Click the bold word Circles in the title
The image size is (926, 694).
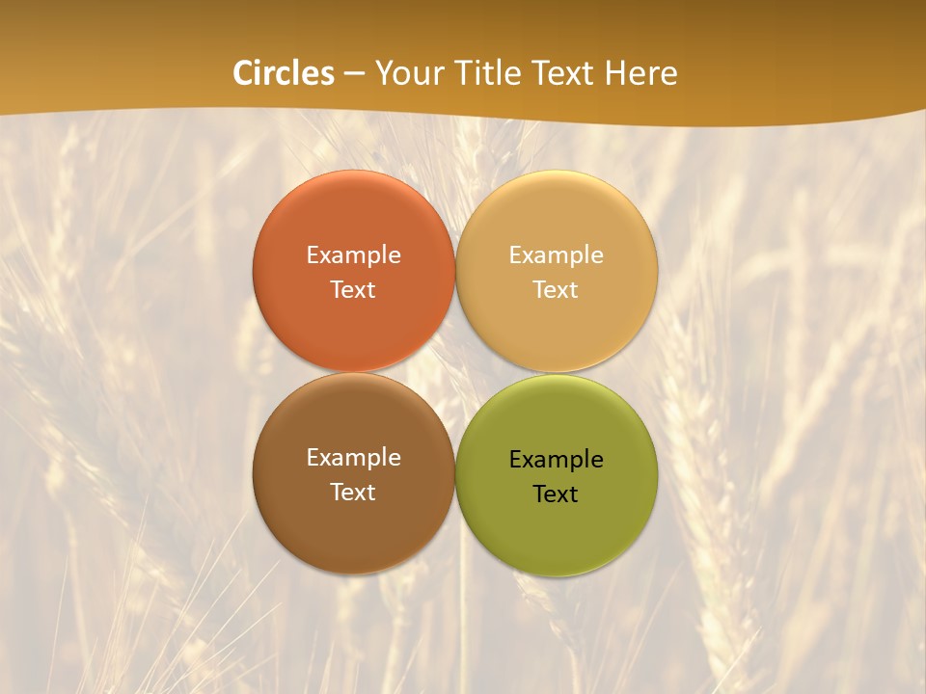(x=284, y=73)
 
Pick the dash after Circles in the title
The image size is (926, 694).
(x=354, y=74)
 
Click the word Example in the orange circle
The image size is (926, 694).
(x=353, y=255)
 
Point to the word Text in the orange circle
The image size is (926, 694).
(x=353, y=290)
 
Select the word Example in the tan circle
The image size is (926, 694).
(x=556, y=255)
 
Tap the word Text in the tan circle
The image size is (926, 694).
(x=556, y=290)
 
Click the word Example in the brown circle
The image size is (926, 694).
(x=353, y=458)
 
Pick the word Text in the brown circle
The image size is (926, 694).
(x=353, y=493)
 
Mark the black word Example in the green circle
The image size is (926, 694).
(x=556, y=460)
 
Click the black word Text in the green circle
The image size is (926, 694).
(x=556, y=494)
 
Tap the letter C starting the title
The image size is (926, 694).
(x=243, y=73)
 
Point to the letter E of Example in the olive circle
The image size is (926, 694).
(x=515, y=459)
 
